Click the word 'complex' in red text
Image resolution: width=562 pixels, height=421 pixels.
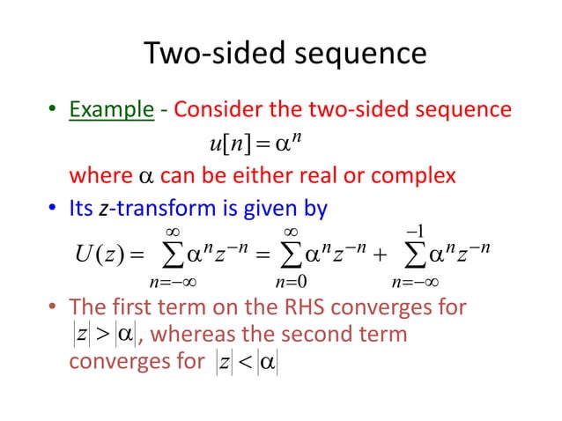click(410, 176)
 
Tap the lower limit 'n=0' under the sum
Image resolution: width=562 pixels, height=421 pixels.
click(292, 285)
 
